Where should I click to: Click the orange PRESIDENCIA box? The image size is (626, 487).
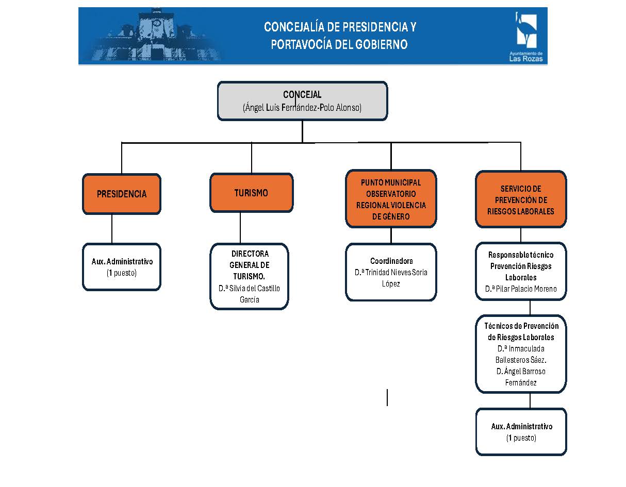122,194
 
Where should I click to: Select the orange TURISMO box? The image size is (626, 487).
251,193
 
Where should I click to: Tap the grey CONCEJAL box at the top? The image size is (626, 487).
302,101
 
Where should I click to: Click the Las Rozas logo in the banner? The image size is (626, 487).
526,36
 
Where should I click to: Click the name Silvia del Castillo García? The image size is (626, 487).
250,294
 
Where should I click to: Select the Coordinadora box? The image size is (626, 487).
391,272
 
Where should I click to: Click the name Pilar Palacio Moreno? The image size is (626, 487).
521,289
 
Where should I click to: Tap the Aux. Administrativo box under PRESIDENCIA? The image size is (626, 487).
122,267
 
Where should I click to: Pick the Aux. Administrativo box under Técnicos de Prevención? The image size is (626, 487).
521,432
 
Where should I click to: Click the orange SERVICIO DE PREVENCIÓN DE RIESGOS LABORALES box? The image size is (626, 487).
521,199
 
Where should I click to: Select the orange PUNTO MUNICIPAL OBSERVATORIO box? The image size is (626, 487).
391,199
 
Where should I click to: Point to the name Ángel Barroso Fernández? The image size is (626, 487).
521,377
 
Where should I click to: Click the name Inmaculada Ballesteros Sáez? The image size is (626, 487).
521,354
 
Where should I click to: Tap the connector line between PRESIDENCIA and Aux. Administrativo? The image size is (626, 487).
112,229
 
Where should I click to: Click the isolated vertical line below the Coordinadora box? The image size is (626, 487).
387,397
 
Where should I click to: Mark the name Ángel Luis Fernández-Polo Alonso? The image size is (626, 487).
302,108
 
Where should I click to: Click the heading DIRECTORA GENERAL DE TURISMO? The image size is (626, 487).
250,265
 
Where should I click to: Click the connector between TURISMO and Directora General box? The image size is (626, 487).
240,227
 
